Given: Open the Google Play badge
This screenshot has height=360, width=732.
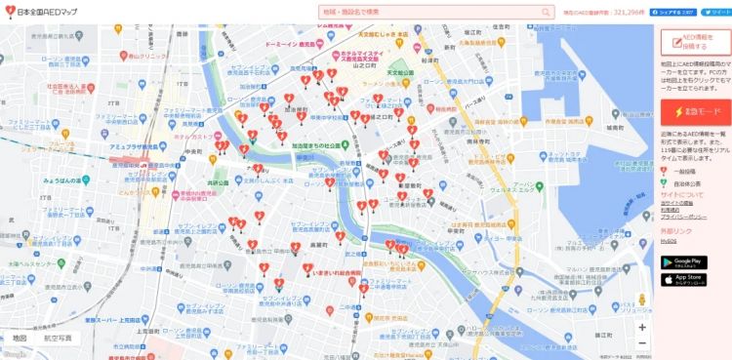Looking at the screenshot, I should click(x=683, y=261).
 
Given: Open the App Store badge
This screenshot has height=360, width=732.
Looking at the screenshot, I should click(x=683, y=280).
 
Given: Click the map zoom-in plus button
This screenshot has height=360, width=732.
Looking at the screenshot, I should click(x=641, y=327).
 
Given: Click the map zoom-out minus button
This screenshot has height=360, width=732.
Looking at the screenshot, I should click(x=641, y=343).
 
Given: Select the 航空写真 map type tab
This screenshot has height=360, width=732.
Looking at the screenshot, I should click(x=58, y=338).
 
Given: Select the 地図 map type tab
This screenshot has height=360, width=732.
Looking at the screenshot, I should click(x=20, y=338).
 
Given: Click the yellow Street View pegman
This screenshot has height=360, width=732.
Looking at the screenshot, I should click(x=641, y=300).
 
